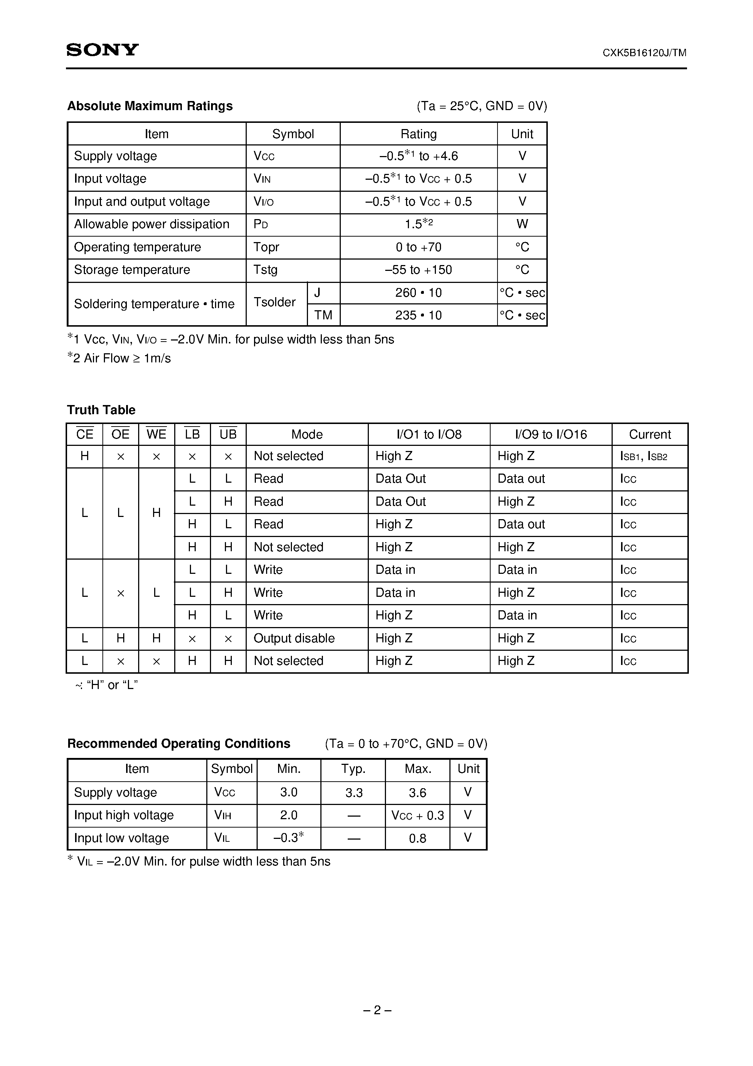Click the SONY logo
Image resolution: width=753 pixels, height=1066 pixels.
102,50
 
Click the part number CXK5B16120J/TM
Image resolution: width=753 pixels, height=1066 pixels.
644,53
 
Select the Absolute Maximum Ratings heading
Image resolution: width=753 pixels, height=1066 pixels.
150,106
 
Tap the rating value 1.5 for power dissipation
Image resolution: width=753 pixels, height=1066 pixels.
418,224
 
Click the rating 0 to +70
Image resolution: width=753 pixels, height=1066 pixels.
418,247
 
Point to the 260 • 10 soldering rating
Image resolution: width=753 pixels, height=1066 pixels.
418,292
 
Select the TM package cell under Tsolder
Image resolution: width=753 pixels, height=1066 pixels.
323,315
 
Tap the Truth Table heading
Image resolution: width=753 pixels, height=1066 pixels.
101,410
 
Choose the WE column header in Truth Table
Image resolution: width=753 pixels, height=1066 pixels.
156,434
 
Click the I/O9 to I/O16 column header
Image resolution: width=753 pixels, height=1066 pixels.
551,434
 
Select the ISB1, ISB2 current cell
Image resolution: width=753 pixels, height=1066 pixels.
643,456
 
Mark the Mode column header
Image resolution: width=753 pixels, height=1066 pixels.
307,434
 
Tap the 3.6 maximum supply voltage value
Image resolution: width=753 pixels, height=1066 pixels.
417,793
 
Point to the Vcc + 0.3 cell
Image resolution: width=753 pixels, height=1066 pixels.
417,815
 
